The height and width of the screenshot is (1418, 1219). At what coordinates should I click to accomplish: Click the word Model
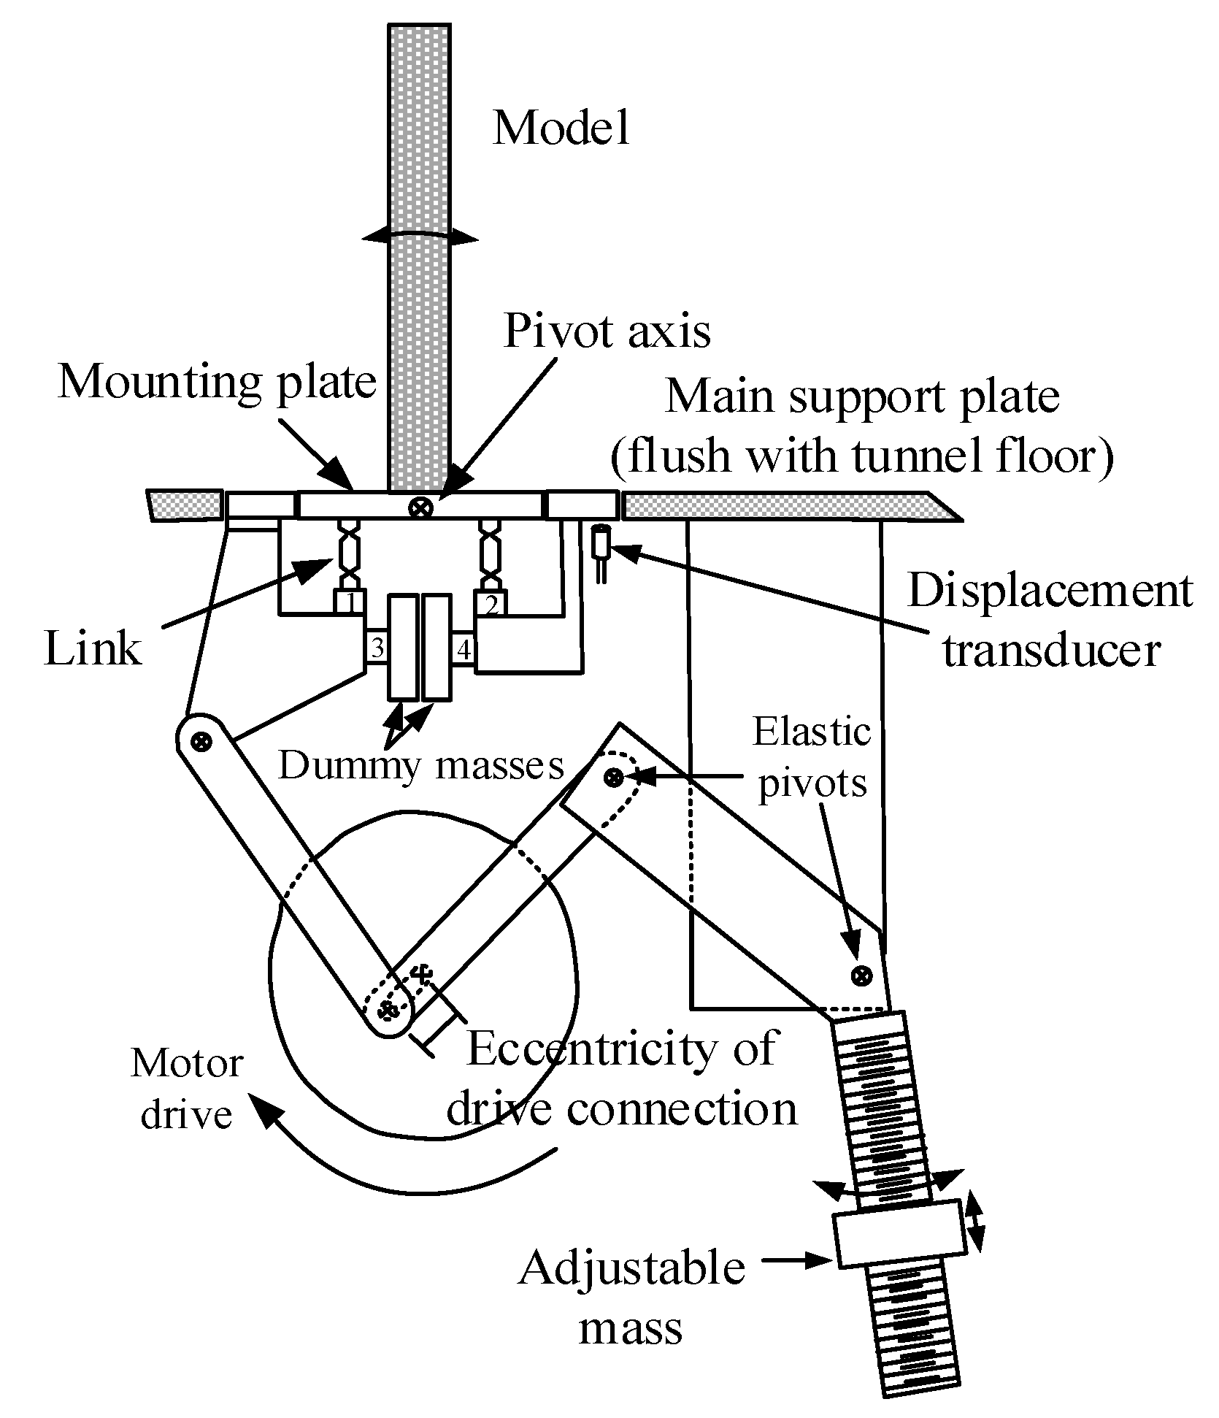click(x=561, y=128)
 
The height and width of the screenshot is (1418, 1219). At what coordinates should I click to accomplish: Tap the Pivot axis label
click(x=607, y=331)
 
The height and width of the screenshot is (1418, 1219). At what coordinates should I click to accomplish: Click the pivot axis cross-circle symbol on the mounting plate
click(x=420, y=507)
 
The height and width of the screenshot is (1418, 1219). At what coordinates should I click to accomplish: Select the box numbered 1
click(x=349, y=602)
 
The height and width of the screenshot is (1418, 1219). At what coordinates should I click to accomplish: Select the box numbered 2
click(x=491, y=603)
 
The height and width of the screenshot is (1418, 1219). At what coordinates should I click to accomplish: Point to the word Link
click(x=93, y=648)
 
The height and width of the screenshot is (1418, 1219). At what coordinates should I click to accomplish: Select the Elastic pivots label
click(x=812, y=757)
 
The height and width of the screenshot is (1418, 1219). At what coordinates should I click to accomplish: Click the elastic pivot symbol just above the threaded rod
click(x=862, y=973)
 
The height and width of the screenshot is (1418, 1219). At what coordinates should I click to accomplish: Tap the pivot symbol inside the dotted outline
click(x=614, y=778)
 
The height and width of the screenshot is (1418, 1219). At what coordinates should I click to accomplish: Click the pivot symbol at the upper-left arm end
click(x=201, y=742)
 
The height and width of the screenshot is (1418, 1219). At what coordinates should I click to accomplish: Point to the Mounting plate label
click(x=217, y=381)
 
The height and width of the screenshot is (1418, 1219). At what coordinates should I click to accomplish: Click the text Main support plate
click(x=862, y=396)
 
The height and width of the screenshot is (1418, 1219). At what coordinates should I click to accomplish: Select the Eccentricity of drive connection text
click(x=621, y=1078)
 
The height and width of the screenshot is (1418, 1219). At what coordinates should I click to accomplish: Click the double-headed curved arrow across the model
click(x=420, y=237)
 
